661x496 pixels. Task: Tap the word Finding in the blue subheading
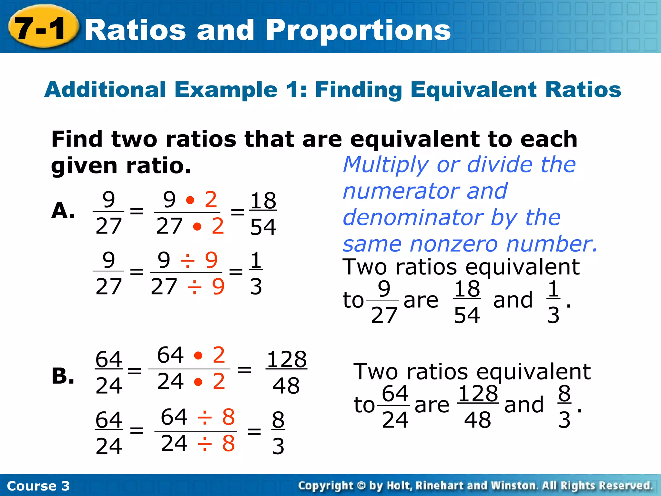[x=358, y=90]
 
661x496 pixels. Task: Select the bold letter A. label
[x=63, y=211]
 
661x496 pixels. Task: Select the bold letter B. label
[x=63, y=376]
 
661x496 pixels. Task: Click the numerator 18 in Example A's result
[x=263, y=201]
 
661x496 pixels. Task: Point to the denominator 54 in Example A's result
[x=263, y=227]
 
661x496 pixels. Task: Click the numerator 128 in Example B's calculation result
[x=286, y=359]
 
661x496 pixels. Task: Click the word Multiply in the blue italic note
[x=385, y=165]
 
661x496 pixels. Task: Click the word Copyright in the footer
[x=325, y=485]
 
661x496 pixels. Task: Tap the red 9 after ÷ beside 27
[x=218, y=286]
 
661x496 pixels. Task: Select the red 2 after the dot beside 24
[x=219, y=381]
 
